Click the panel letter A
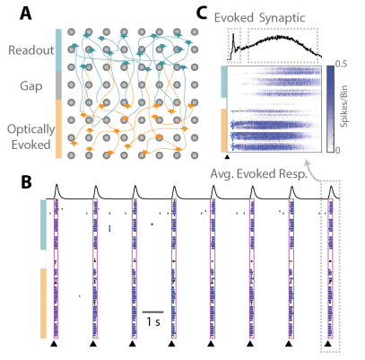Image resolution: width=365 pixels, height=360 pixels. (x=25, y=13)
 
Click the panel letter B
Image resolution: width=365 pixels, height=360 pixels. (x=26, y=182)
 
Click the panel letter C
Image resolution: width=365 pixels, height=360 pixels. (x=202, y=13)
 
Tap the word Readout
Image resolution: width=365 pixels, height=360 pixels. (x=31, y=50)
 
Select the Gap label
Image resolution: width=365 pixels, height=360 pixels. (x=31, y=87)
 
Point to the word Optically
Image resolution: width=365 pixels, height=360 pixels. (x=31, y=129)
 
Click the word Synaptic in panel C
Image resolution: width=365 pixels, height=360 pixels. (x=282, y=19)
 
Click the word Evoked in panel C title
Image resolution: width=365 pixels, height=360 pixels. (x=234, y=18)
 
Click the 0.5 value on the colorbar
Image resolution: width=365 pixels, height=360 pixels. (x=342, y=64)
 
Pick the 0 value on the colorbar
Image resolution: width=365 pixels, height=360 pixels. (x=337, y=150)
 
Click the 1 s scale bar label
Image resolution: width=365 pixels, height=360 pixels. (x=153, y=322)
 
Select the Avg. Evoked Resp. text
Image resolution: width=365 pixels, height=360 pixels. (x=259, y=174)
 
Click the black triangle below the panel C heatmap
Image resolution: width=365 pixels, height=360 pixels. (x=227, y=156)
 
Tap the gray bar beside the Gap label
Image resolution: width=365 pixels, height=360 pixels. (x=58, y=85)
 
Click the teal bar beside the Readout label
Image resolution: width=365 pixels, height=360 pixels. (x=58, y=50)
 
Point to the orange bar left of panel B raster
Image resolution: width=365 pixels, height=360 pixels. (x=43, y=303)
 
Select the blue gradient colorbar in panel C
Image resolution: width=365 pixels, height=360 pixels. (x=330, y=109)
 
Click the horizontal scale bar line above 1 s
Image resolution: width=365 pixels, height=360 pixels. (x=153, y=312)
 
